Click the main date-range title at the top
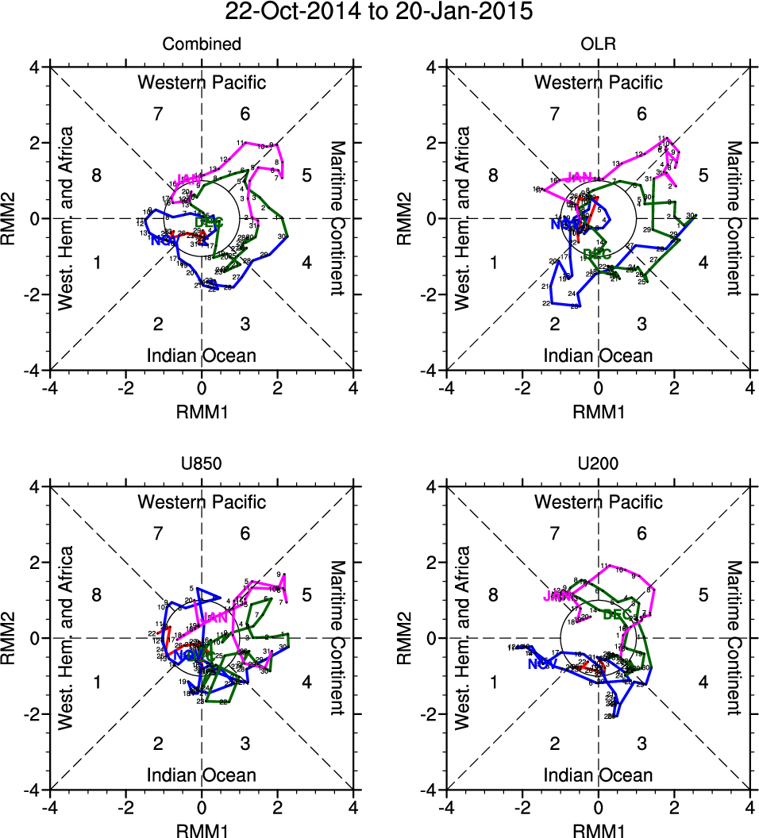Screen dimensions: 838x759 [x=379, y=12]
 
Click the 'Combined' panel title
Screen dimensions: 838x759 [x=202, y=45]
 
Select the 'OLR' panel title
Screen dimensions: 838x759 [x=598, y=45]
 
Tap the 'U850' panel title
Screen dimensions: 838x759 [x=202, y=465]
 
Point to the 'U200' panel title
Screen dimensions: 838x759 [x=598, y=465]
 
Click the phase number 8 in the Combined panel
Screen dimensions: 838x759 [x=97, y=175]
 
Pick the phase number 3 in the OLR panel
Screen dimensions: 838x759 [x=641, y=324]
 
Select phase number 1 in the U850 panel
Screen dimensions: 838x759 [x=97, y=682]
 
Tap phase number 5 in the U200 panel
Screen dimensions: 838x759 [x=703, y=594]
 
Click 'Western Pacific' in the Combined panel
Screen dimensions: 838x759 [x=202, y=83]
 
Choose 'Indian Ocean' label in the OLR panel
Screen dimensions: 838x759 [x=598, y=356]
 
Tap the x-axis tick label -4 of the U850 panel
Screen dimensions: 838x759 [x=49, y=807]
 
